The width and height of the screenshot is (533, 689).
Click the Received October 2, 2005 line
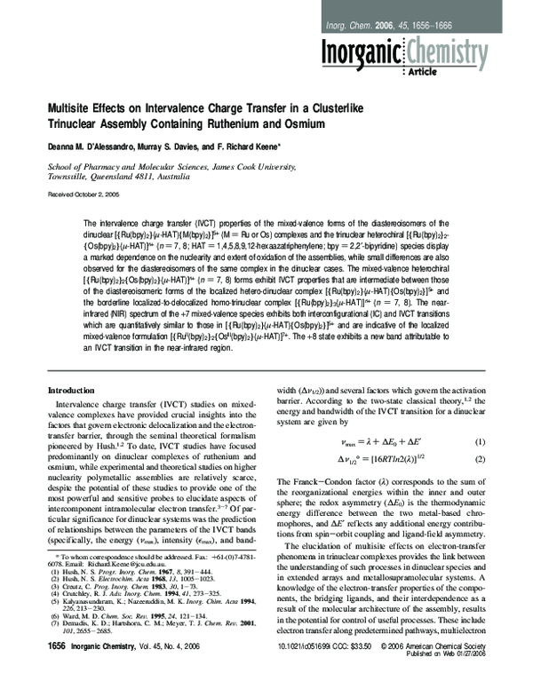tap(84, 193)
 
